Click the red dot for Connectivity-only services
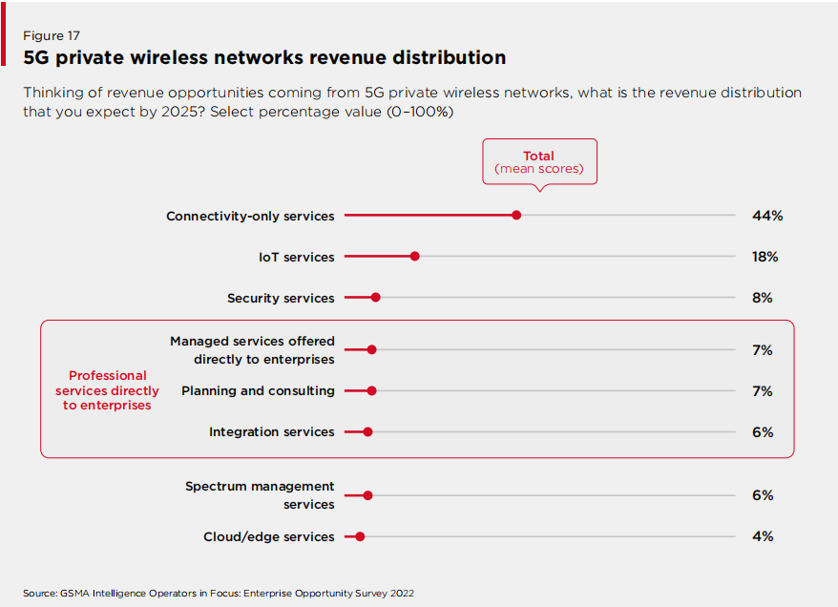tap(516, 216)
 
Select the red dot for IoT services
tap(414, 257)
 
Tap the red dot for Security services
tap(375, 298)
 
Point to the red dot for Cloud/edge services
tap(360, 536)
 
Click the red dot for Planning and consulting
tap(371, 390)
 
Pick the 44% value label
tap(766, 216)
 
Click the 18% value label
tap(765, 257)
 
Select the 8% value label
tap(762, 298)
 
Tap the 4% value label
tap(762, 536)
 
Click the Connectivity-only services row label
tap(250, 216)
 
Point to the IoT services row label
tap(296, 257)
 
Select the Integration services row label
tap(272, 431)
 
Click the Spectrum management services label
tap(260, 495)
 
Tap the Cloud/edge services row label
tap(268, 536)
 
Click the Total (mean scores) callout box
tap(539, 162)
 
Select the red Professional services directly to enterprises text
tap(108, 390)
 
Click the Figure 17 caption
tap(52, 35)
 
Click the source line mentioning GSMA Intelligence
tap(219, 593)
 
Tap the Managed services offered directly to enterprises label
tap(252, 350)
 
